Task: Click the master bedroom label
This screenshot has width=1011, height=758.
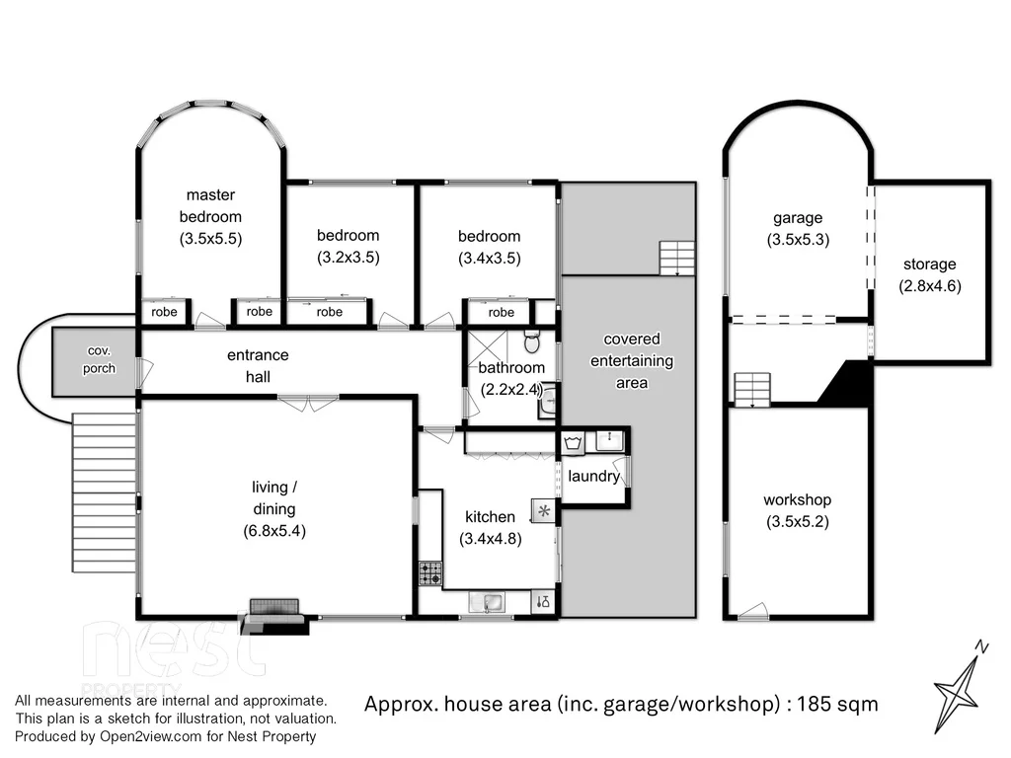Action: pyautogui.click(x=210, y=206)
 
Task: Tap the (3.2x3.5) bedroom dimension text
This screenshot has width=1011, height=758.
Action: pyautogui.click(x=348, y=258)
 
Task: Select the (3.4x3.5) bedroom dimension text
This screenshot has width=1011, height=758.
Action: pyautogui.click(x=489, y=259)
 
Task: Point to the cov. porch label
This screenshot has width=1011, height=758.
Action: pyautogui.click(x=98, y=360)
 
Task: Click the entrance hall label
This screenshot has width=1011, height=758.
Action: pyautogui.click(x=259, y=365)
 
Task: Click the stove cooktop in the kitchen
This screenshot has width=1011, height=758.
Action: pyautogui.click(x=430, y=572)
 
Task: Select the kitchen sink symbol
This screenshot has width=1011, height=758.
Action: pyautogui.click(x=488, y=601)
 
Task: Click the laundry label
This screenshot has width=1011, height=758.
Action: pyautogui.click(x=593, y=477)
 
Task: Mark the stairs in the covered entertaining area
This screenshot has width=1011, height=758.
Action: pyautogui.click(x=677, y=259)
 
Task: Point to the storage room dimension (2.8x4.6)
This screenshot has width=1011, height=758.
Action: pyautogui.click(x=929, y=286)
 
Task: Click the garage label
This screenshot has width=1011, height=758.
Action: pyautogui.click(x=798, y=218)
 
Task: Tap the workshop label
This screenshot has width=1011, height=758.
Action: pyautogui.click(x=797, y=499)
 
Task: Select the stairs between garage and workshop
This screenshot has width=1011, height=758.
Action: pyautogui.click(x=752, y=389)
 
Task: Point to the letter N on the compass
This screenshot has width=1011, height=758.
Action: pyautogui.click(x=981, y=647)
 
